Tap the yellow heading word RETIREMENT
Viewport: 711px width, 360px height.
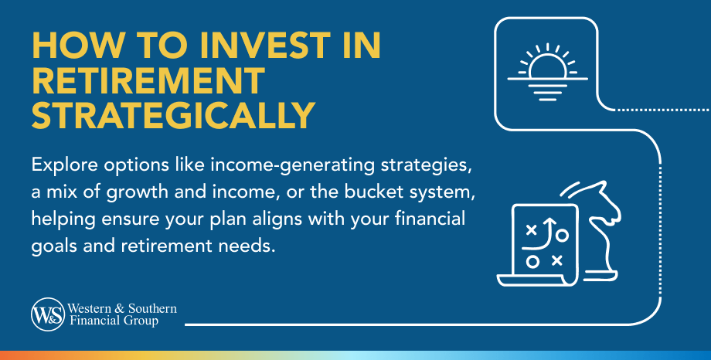click(148, 81)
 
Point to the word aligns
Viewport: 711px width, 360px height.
click(296, 218)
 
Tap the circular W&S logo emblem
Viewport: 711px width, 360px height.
click(46, 314)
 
